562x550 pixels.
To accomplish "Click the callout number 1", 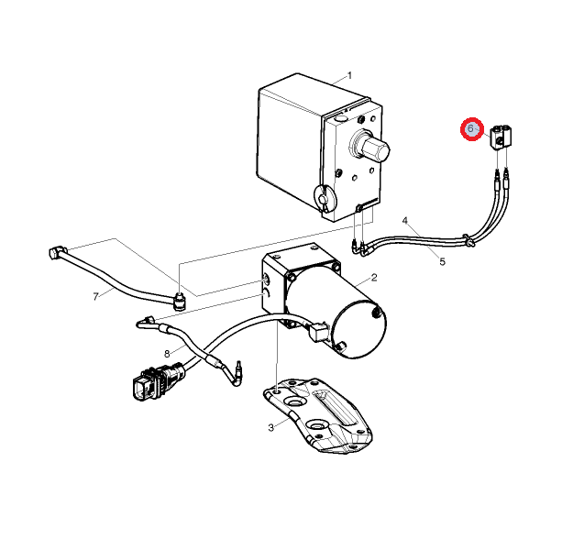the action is [349, 75].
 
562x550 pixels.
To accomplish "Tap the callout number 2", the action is [374, 278].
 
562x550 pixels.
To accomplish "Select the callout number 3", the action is [271, 427].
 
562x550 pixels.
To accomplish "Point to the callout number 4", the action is [405, 220].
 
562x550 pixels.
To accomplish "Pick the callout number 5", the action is [442, 262].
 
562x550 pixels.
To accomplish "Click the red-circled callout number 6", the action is [471, 128].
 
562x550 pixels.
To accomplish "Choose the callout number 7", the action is [95, 296].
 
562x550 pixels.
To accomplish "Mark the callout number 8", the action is [167, 354].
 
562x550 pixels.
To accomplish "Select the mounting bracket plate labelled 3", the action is [317, 415].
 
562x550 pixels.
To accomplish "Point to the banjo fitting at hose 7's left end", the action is [55, 251].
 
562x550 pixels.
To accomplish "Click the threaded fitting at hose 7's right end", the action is [179, 301].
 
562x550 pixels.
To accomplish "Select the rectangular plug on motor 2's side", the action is [317, 333].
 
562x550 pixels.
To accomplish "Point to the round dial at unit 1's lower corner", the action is [325, 197].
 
